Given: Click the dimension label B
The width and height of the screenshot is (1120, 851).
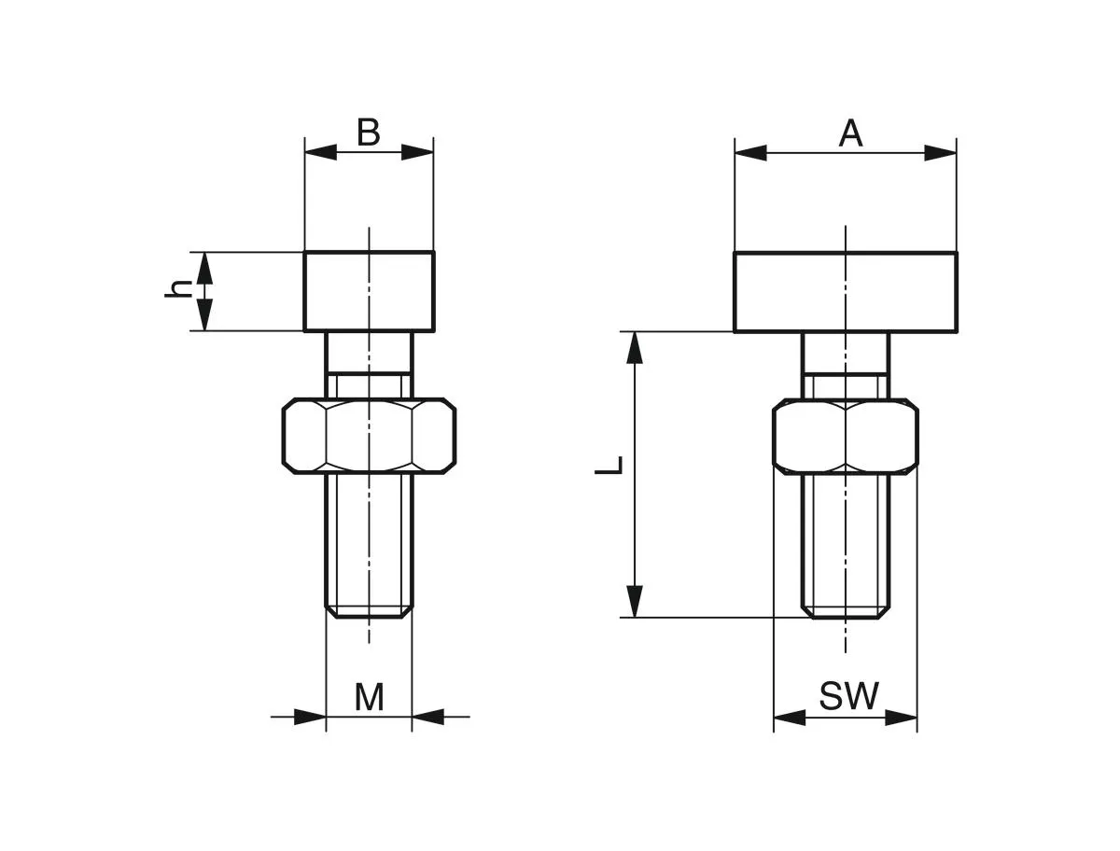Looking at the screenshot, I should (369, 133).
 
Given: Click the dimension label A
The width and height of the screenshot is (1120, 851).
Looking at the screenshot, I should (850, 133).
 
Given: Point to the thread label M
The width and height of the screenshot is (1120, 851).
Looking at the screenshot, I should (369, 697).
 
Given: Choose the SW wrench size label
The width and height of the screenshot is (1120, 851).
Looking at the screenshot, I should (848, 696).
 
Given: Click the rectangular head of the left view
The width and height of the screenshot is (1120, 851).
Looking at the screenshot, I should (369, 291).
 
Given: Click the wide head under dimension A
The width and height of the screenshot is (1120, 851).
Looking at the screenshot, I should (845, 291).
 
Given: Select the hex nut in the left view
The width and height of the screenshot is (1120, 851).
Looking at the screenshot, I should (369, 434).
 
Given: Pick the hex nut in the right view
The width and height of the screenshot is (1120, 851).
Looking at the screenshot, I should (846, 436).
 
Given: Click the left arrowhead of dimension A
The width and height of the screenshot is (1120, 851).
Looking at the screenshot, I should (749, 153).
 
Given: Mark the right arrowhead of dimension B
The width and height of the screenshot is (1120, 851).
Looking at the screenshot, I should (419, 152).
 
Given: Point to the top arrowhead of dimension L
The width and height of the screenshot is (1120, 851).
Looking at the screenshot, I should (635, 346).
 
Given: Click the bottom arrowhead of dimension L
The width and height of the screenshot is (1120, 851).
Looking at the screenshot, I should (635, 601).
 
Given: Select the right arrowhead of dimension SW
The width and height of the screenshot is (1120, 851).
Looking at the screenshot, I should (903, 718).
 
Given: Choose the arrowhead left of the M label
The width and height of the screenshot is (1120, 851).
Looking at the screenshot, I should (310, 717).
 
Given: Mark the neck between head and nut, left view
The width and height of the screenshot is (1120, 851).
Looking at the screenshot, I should (369, 353).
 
